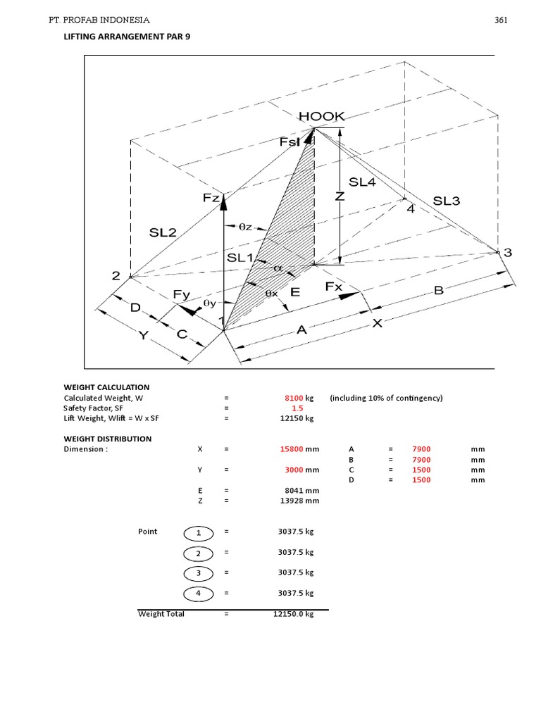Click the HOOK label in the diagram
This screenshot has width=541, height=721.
pos(322,117)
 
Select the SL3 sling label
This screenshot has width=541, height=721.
pos(446,201)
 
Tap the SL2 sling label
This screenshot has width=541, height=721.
pos(163,232)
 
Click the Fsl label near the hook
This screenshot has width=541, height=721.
pos(290,142)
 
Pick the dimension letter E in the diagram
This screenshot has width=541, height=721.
pos(295,291)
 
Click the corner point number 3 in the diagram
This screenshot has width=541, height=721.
pos(507,253)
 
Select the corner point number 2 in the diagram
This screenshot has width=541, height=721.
pos(116,276)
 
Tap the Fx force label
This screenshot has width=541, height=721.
pos(333,287)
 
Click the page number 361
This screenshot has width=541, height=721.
pos(501,20)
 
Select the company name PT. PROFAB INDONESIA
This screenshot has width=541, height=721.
pos(99,20)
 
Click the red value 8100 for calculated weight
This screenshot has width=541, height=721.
pos(292,398)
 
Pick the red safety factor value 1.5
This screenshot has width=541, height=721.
pos(297,408)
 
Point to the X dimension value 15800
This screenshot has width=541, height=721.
pos(292,449)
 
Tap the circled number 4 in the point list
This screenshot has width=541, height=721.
pos(198,594)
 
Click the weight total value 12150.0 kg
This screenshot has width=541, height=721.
pos(293,614)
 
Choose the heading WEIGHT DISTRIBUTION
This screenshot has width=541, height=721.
pos(107,439)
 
